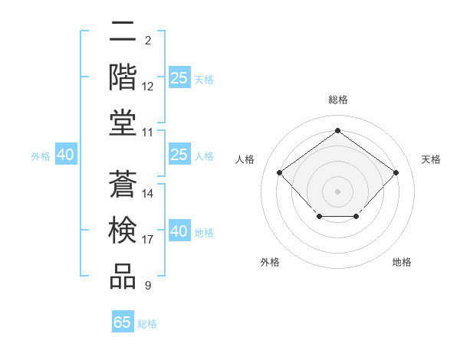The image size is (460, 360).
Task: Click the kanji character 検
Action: [x=123, y=231]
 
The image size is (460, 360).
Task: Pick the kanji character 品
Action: [x=123, y=277]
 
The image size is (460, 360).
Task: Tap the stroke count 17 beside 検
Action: [x=148, y=240]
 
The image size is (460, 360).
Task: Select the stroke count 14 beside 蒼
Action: [x=148, y=194]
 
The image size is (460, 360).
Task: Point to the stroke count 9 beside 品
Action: [x=147, y=286]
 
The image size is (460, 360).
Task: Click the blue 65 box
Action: [x=123, y=322]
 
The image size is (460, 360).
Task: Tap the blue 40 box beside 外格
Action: [x=65, y=155]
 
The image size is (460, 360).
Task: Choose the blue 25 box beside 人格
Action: [x=179, y=155]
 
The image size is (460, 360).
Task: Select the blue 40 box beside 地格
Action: [x=179, y=231]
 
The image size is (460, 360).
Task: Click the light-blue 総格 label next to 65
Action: [x=147, y=324]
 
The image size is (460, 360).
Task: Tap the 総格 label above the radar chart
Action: [x=337, y=100]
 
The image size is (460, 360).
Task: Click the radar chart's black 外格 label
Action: [x=270, y=262]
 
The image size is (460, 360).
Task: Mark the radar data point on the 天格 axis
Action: [x=396, y=172]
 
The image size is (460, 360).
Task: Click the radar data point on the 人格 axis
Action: [x=279, y=172]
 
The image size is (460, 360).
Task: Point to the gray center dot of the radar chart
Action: [x=337, y=191]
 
